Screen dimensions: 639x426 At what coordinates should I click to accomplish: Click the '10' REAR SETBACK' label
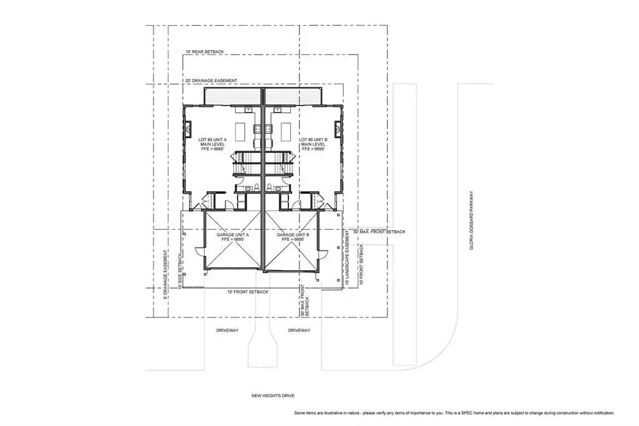pyautogui.click(x=205, y=52)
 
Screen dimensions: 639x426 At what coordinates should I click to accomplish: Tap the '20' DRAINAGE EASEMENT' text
pyautogui.click(x=211, y=81)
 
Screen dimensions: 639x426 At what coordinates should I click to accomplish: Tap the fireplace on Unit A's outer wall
pyautogui.click(x=188, y=129)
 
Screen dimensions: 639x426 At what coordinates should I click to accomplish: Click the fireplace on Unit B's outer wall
pyautogui.click(x=338, y=129)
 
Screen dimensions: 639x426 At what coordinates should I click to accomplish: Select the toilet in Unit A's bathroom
pyautogui.click(x=256, y=187)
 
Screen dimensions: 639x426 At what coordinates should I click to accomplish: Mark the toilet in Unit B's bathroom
pyautogui.click(x=269, y=187)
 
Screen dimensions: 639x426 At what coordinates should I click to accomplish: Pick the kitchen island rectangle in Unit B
pyautogui.click(x=286, y=131)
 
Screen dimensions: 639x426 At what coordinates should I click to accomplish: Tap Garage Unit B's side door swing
pyautogui.click(x=323, y=252)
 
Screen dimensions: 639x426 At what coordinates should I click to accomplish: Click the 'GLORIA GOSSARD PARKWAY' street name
pyautogui.click(x=472, y=220)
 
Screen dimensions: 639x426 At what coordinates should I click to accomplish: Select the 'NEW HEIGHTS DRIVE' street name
pyautogui.click(x=273, y=395)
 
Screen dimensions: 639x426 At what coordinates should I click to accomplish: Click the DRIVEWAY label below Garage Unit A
pyautogui.click(x=227, y=330)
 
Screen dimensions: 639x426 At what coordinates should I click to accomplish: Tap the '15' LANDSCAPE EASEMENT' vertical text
pyautogui.click(x=347, y=257)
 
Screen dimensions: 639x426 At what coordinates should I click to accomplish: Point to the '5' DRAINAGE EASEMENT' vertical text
pyautogui.click(x=165, y=275)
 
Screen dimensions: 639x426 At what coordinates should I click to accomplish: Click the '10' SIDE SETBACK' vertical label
pyautogui.click(x=180, y=271)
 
